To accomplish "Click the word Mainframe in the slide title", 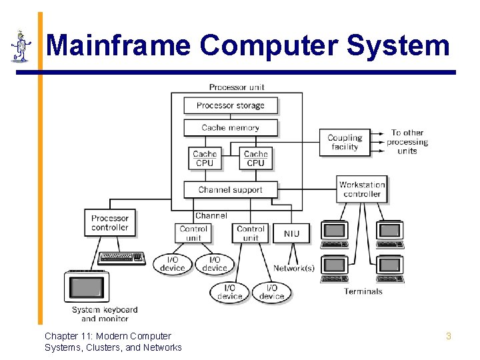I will click(119, 46).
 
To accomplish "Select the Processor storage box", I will click(230, 105).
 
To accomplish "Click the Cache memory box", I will click(230, 127).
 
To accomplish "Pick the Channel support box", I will click(230, 189).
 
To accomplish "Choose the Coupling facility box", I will click(345, 143).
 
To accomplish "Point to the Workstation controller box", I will click(362, 189).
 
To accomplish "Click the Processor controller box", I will click(110, 223).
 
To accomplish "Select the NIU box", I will click(291, 233).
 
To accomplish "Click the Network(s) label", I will click(293, 269).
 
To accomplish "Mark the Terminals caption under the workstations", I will click(363, 291).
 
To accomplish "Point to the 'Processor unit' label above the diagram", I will click(237, 87).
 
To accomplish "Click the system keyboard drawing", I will click(121, 258).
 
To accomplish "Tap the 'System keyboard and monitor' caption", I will click(105, 314).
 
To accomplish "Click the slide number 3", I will click(448, 337).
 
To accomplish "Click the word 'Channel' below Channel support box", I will click(211, 216).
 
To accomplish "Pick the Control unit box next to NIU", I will click(251, 233).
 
